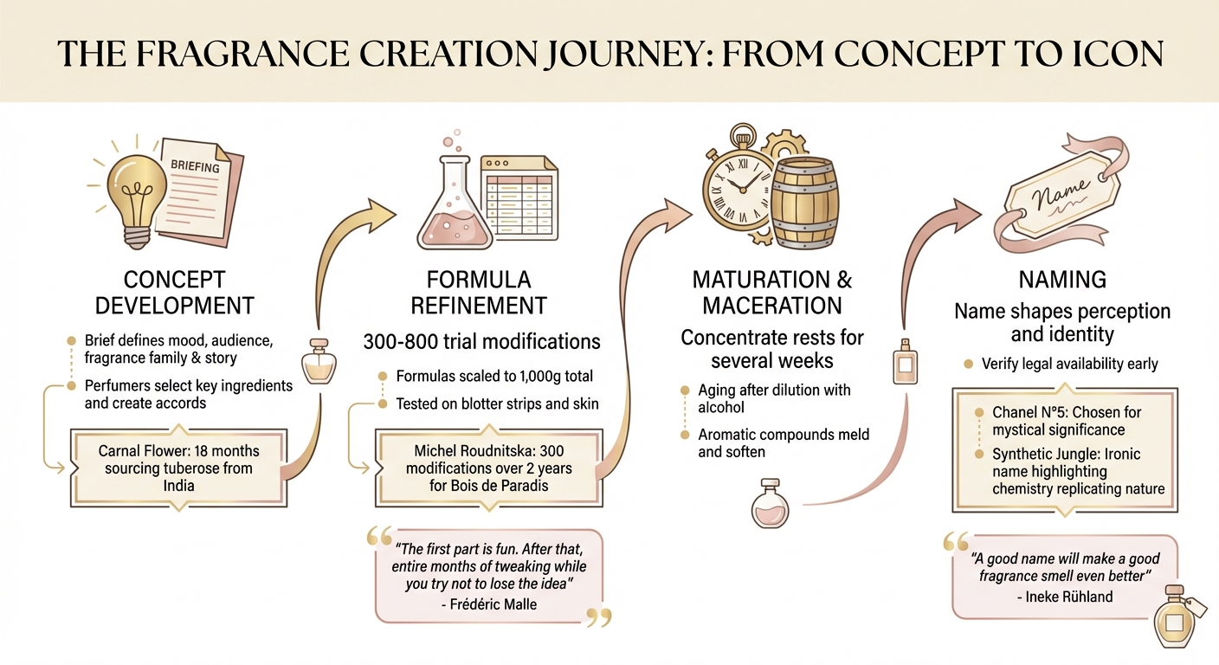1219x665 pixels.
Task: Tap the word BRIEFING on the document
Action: coord(195,165)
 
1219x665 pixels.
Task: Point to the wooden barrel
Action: coord(805,200)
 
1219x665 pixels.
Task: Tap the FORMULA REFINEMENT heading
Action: coord(479,293)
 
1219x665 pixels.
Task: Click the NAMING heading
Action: coord(1062,279)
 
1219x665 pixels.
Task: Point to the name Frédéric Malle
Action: coord(494,604)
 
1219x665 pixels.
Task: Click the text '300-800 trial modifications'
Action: coord(481,341)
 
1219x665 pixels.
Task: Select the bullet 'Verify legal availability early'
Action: coord(1069,364)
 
